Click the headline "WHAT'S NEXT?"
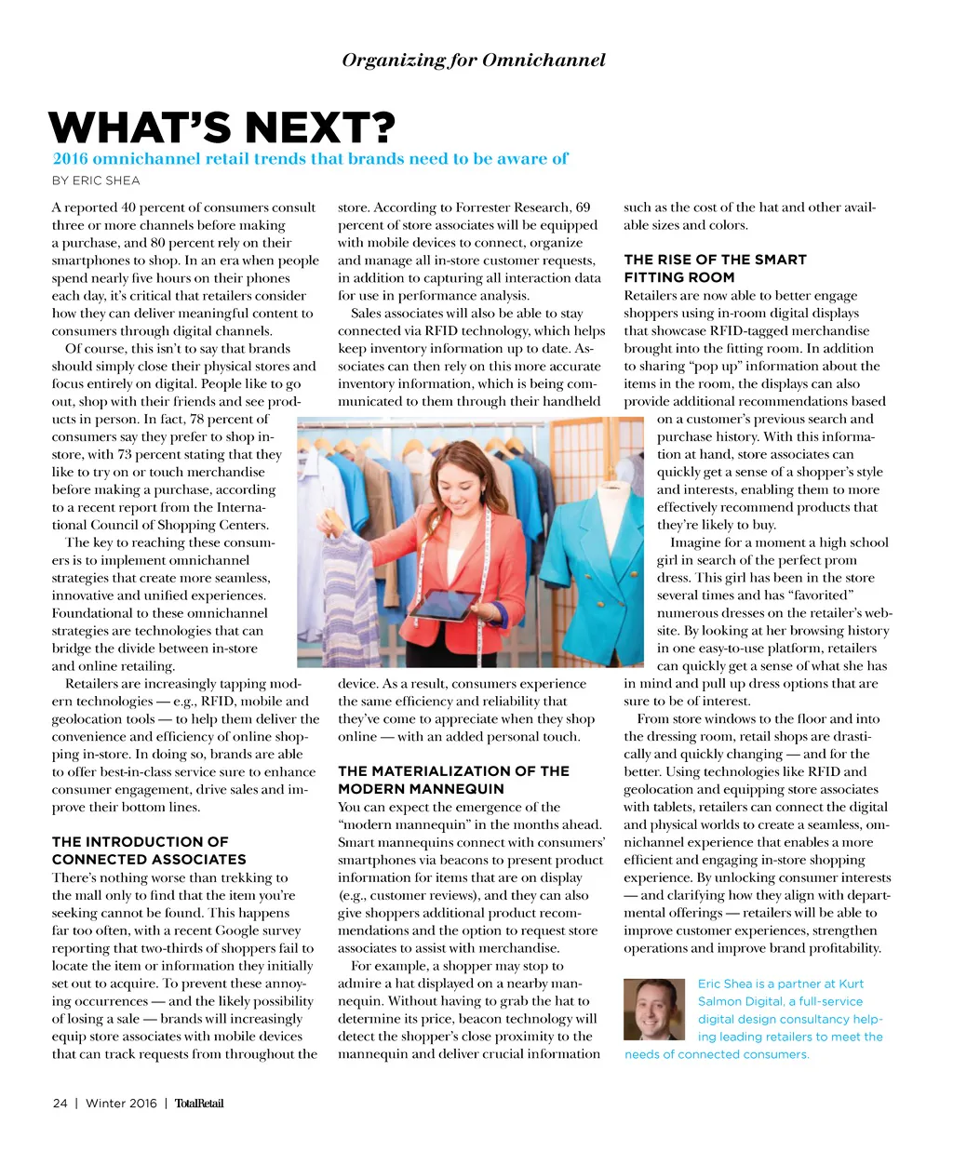tap(222, 128)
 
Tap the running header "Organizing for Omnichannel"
tap(474, 60)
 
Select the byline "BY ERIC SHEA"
tap(96, 181)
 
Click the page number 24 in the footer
tap(60, 1104)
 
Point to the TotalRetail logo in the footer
tap(199, 1104)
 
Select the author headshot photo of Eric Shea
tap(655, 1009)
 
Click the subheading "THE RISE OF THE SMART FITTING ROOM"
tap(715, 268)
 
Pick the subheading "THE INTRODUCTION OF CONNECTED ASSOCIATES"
tap(149, 850)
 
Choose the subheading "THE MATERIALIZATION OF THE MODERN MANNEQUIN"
tap(453, 780)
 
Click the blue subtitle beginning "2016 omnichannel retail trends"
tap(310, 159)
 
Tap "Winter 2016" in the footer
tap(121, 1104)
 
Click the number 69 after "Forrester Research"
tap(583, 207)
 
